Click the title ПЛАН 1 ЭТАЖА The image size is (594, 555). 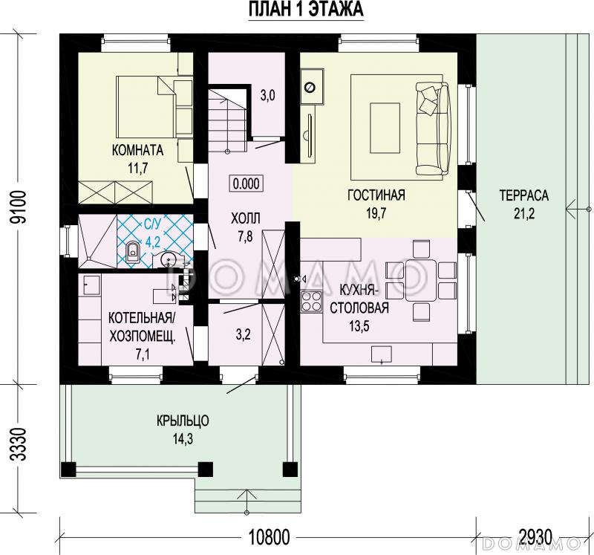[306, 10]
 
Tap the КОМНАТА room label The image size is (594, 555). [138, 150]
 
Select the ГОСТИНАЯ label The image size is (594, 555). [376, 195]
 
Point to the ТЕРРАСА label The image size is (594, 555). [524, 195]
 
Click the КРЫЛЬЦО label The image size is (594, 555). [183, 421]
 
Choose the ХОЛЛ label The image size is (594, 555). [246, 218]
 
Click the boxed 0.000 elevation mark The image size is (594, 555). [247, 184]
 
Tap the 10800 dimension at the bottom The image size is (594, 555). [269, 537]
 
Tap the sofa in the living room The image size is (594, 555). [433, 129]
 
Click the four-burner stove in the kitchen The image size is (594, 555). [311, 301]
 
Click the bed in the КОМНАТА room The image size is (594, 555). [147, 107]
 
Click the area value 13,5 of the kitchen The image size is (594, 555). [359, 325]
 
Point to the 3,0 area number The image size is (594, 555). [267, 96]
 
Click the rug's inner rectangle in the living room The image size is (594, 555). [385, 128]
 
